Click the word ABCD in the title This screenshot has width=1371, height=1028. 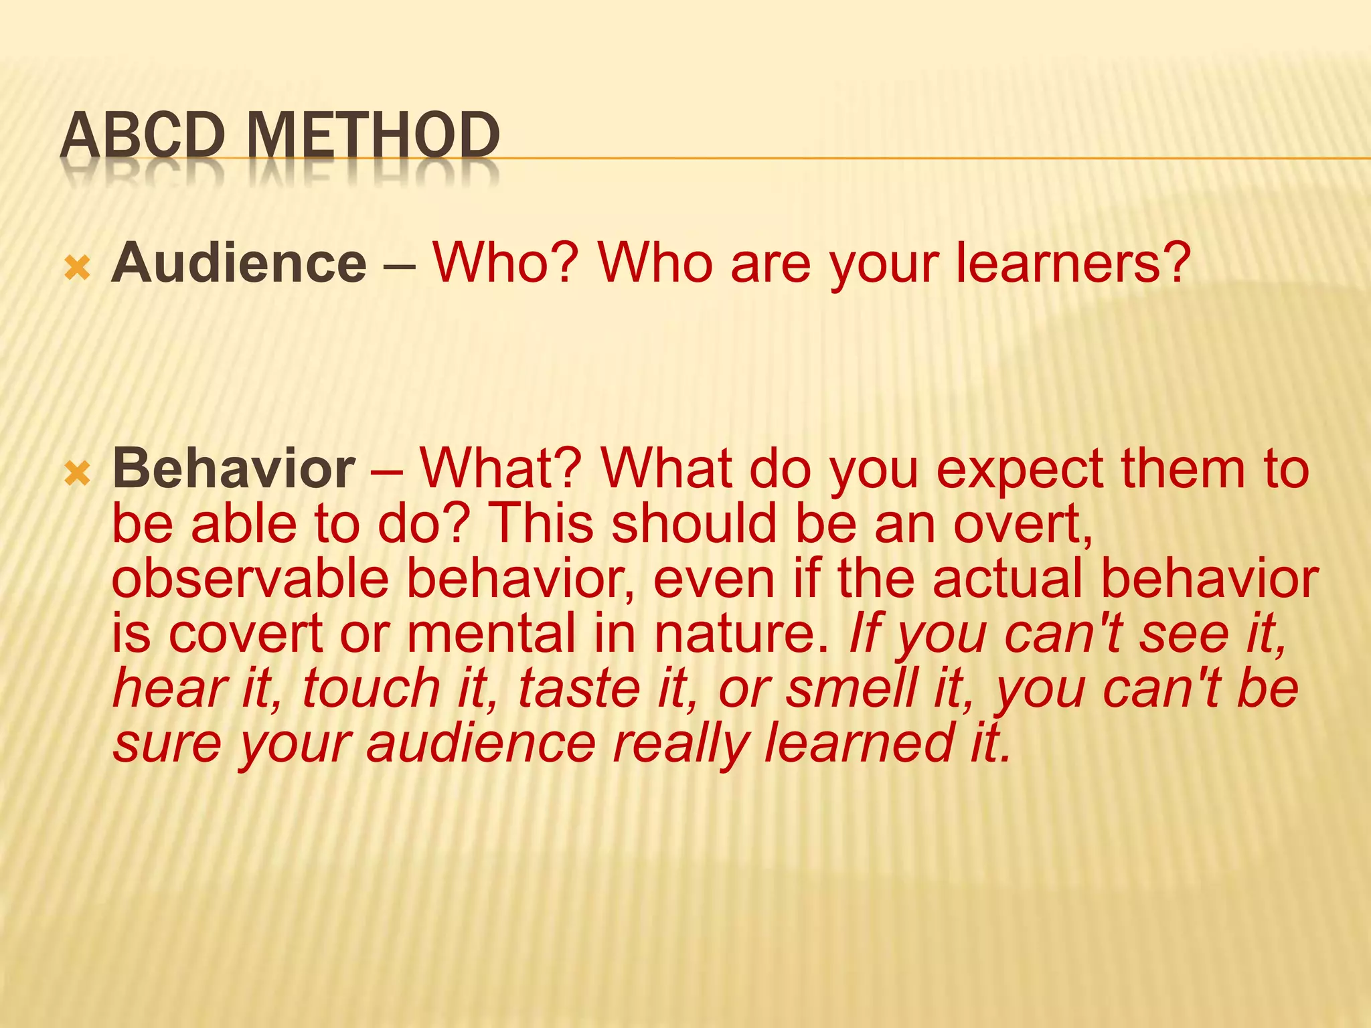click(142, 136)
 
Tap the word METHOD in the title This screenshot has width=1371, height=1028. click(374, 136)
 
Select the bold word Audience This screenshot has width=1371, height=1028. click(239, 263)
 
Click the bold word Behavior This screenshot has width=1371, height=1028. click(234, 468)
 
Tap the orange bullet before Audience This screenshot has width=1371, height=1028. click(78, 270)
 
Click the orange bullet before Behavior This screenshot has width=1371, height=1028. click(78, 475)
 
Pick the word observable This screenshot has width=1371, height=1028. click(250, 579)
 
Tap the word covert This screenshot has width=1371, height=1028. click(246, 634)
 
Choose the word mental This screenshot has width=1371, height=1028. click(491, 634)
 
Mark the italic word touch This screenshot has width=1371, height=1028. click(372, 689)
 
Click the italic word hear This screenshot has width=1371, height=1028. click(170, 689)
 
